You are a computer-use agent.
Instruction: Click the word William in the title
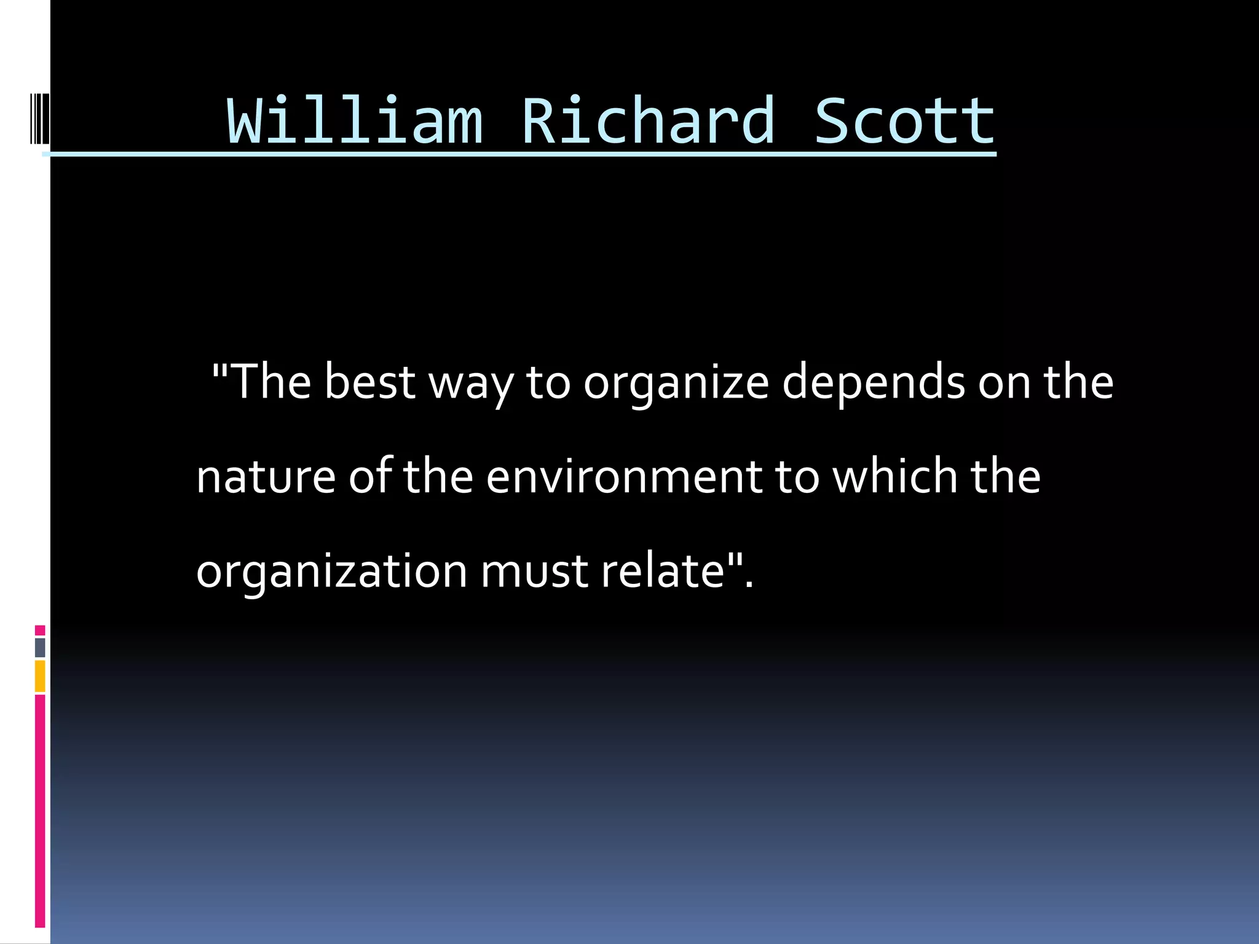[355, 121]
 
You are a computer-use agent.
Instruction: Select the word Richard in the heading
[648, 121]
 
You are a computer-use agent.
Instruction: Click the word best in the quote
[369, 382]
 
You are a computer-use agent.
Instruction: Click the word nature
[266, 478]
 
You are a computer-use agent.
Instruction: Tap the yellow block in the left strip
[40, 676]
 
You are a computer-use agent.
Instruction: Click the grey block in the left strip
[40, 647]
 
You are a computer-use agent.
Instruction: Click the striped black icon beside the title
[39, 117]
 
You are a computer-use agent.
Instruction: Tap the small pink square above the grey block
[40, 630]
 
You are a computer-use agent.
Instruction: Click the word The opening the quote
[271, 382]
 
